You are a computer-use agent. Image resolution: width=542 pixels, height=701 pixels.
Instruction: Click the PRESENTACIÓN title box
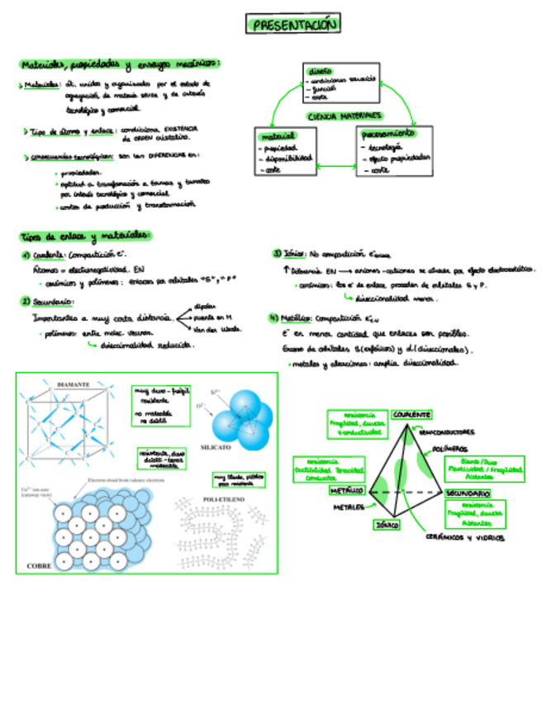point(292,26)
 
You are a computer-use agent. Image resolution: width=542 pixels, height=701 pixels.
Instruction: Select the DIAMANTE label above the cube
point(74,385)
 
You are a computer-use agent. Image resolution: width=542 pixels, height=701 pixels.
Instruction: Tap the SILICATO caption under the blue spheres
point(220,446)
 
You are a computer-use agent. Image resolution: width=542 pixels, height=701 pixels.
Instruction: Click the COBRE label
point(40,565)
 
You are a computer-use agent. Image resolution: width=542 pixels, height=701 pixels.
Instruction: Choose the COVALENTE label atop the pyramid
point(411,413)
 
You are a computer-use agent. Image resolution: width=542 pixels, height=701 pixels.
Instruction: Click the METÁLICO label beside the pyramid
point(342,489)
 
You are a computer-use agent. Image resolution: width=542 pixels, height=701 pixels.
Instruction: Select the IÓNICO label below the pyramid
point(387,525)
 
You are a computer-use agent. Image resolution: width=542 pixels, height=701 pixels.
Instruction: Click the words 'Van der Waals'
point(216,329)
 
